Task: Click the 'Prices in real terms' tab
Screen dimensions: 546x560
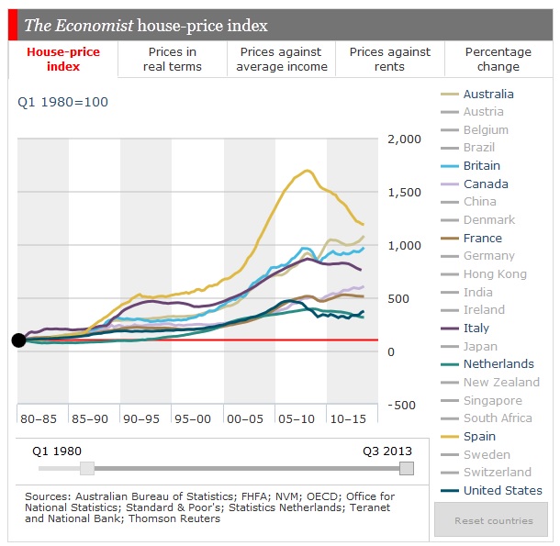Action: pos(172,60)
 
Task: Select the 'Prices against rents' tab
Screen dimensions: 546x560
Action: pos(391,60)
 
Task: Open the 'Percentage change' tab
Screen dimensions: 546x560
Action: pos(498,60)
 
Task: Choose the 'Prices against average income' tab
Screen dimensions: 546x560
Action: pos(281,60)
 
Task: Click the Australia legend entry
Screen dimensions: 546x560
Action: pos(488,94)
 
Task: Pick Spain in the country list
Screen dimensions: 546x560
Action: pos(479,437)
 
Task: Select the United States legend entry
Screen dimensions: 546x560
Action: pos(502,491)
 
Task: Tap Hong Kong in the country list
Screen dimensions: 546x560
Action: pos(495,274)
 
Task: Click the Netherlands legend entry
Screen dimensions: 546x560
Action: pos(498,364)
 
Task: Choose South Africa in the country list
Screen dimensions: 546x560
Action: pos(497,418)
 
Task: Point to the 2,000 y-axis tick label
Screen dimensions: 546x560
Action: pos(404,139)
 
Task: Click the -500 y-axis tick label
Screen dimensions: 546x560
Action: pos(401,406)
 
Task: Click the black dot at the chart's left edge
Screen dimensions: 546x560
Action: pos(18,340)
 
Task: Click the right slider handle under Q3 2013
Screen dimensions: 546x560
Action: pos(407,468)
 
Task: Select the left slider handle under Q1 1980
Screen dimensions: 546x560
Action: pos(87,468)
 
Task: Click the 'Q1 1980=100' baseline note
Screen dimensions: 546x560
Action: pos(62,102)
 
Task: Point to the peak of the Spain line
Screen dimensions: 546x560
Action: pos(308,171)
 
